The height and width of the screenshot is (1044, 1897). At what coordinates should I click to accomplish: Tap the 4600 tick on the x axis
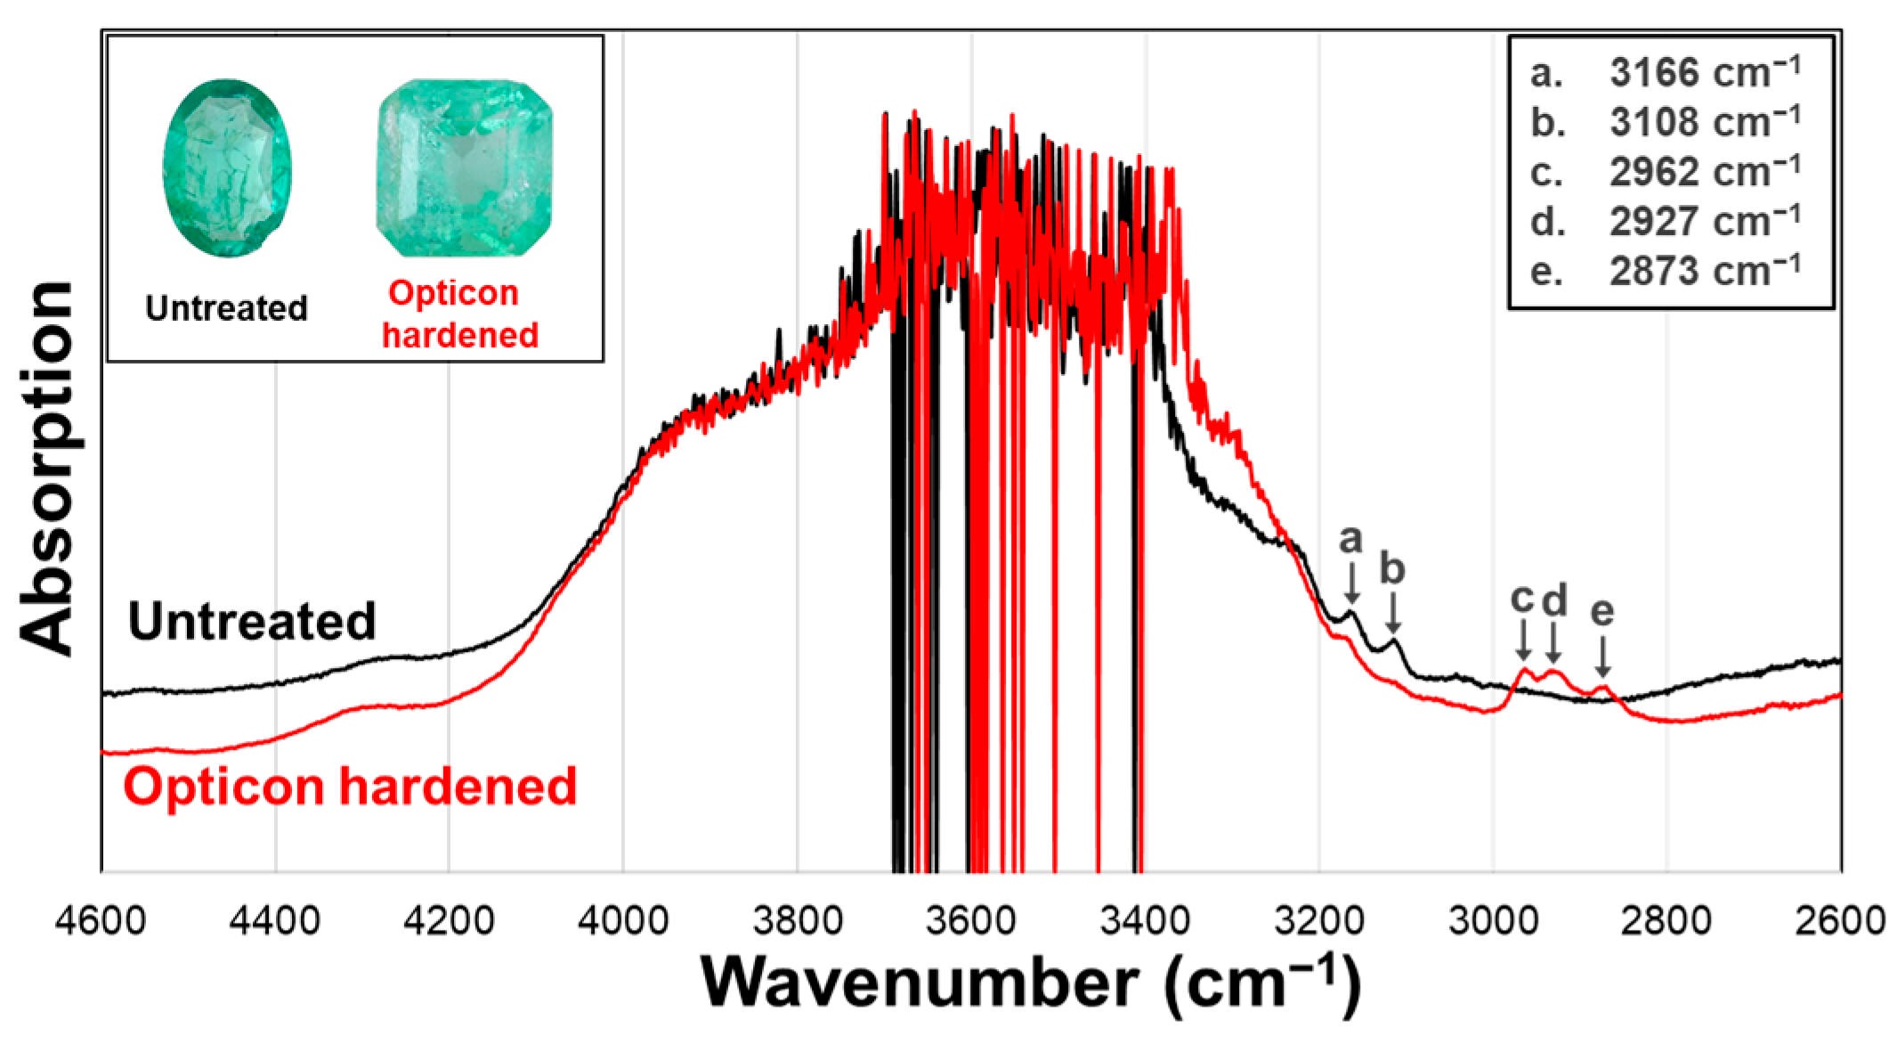click(100, 919)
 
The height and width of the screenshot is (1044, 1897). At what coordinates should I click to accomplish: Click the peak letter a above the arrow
click(1350, 539)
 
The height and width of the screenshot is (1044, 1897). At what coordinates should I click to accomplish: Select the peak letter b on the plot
click(1392, 568)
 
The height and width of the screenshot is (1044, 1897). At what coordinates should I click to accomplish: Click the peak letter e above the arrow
click(1601, 612)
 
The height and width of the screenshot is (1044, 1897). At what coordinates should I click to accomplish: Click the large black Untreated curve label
click(252, 622)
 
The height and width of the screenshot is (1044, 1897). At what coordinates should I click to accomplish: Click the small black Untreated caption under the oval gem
click(226, 309)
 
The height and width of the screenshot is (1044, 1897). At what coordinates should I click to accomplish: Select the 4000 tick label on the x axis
click(622, 919)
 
